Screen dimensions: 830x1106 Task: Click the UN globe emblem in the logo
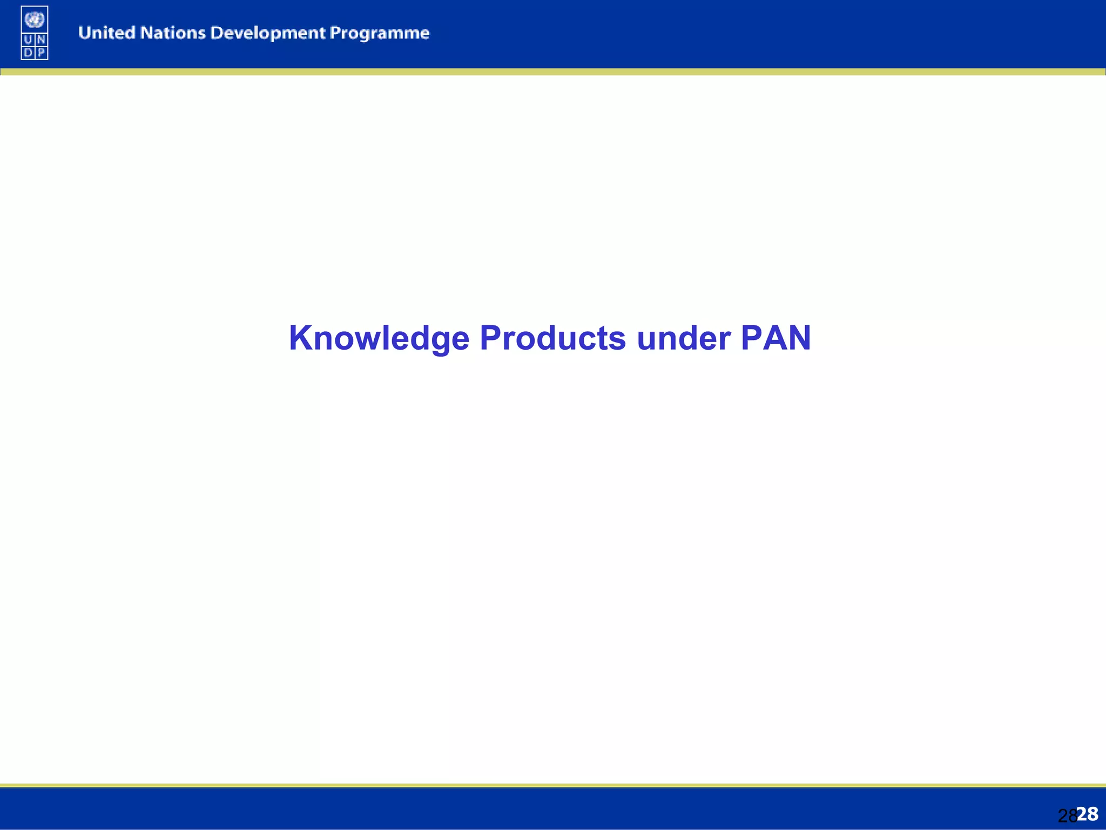(35, 20)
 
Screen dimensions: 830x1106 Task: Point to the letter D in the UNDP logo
(28, 52)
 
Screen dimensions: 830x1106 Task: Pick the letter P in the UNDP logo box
(41, 52)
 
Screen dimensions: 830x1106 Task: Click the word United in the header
(106, 33)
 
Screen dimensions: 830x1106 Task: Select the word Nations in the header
(173, 33)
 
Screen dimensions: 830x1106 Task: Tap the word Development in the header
(268, 34)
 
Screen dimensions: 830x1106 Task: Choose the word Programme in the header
(380, 34)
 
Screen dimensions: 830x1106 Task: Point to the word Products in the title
(552, 338)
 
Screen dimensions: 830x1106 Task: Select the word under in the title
(683, 338)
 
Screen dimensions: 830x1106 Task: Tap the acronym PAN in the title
(775, 338)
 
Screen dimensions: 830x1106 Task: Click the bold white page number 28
(1088, 814)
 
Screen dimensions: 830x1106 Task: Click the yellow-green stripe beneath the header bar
(553, 72)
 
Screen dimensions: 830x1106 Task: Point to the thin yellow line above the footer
(553, 785)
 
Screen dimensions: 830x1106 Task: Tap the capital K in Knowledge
(303, 338)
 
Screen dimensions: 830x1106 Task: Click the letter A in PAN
(775, 338)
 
